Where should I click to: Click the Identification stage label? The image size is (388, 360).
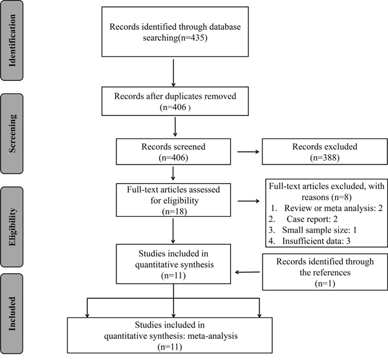point(12,40)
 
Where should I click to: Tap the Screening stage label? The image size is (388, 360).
point(12,133)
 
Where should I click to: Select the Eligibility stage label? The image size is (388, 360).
point(12,227)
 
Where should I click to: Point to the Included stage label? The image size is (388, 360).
point(12,313)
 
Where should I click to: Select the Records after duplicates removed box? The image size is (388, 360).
point(175,101)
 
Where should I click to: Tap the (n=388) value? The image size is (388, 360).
point(325,157)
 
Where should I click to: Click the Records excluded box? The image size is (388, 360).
point(325,152)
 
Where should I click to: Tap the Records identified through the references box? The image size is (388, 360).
point(325,272)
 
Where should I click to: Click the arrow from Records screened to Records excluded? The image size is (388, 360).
point(248,152)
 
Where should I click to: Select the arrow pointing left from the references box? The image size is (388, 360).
point(247,273)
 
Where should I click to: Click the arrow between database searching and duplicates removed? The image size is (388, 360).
point(173,73)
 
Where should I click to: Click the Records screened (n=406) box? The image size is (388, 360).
point(173,152)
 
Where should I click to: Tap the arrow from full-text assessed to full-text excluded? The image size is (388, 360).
point(249,201)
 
